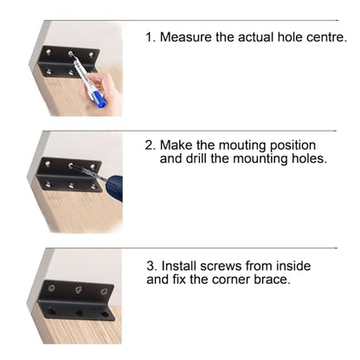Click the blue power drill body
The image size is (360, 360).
(114, 188)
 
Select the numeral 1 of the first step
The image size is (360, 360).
(149, 37)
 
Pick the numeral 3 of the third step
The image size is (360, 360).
(151, 266)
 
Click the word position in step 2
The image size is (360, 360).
(292, 145)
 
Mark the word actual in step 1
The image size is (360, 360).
(256, 37)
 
